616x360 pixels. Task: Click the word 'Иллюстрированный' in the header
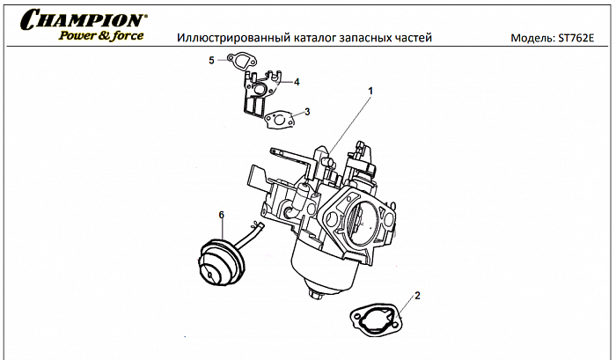(226, 39)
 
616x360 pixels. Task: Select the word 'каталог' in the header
(306, 39)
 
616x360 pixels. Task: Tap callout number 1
(370, 90)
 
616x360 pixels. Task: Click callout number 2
(416, 295)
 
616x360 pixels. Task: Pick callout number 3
(307, 112)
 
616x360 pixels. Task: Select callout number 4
(297, 82)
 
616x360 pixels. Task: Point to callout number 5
(211, 60)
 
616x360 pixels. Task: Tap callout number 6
(221, 214)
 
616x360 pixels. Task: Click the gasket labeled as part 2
(376, 317)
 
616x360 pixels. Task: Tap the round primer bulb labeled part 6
(216, 261)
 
